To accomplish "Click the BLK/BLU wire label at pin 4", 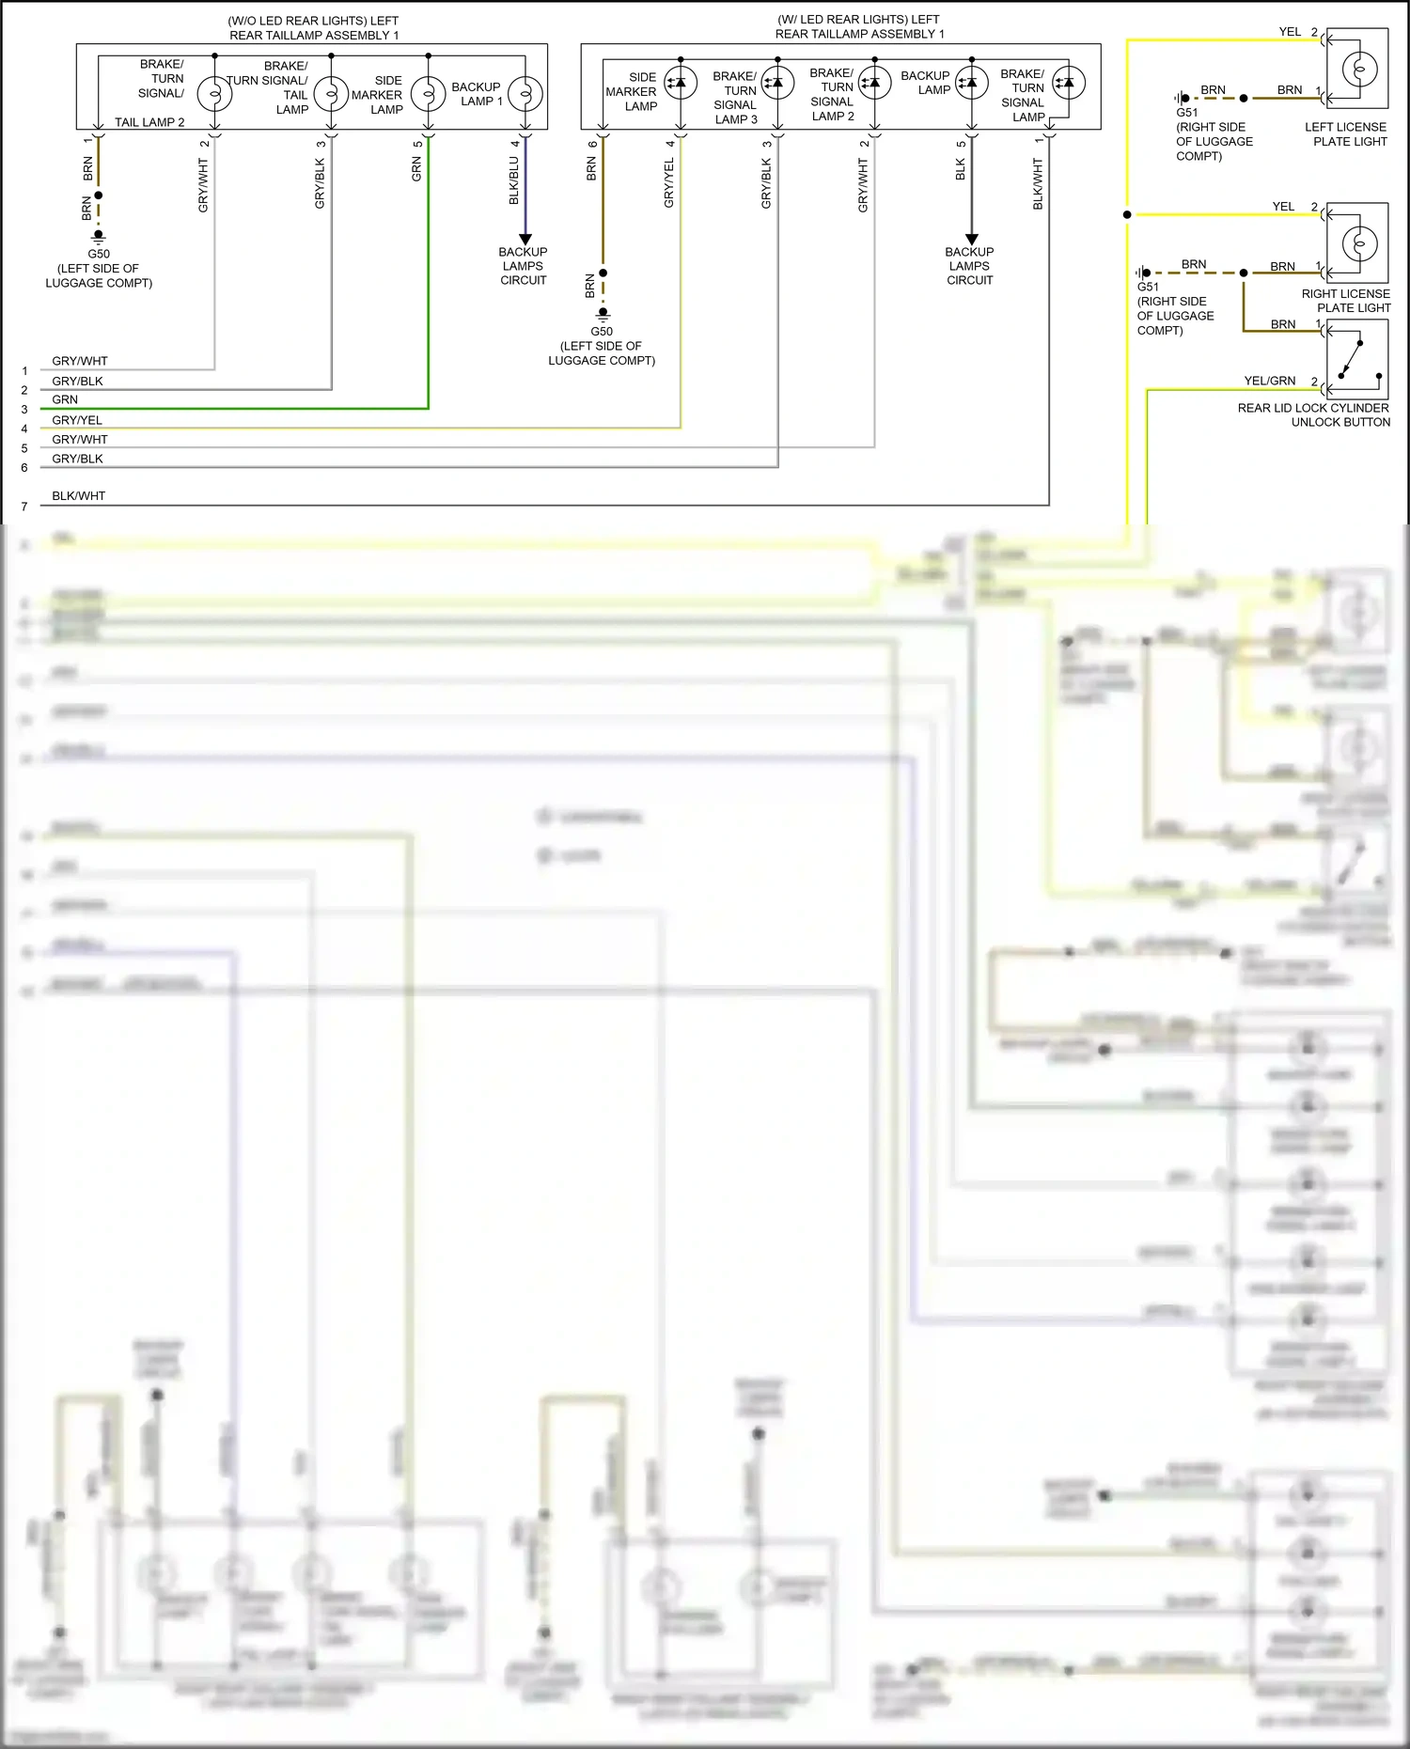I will point(514,180).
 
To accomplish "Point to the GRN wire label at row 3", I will point(65,399).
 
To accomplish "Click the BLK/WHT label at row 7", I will point(78,495).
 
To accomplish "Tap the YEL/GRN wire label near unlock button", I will point(1269,381).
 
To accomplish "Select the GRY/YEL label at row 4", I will point(77,420).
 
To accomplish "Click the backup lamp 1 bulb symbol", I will point(525,94).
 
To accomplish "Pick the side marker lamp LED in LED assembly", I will point(680,83).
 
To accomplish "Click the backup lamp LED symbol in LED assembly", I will point(971,83).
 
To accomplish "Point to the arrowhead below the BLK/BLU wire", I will point(525,240).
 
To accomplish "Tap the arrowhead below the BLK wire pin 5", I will point(972,240).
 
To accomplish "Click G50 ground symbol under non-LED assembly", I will point(98,236).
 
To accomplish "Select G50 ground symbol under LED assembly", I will point(603,313).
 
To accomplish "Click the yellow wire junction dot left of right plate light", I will point(1127,214).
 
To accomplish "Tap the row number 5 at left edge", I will point(24,448).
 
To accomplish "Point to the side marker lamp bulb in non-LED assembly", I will point(429,94).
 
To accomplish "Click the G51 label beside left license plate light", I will point(1186,112).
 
